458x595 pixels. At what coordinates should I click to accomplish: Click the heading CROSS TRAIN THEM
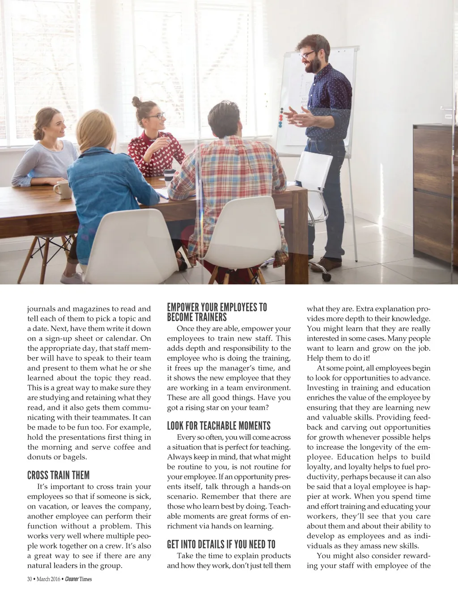pyautogui.click(x=58, y=475)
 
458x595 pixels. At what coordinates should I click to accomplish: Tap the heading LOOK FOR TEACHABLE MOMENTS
pyautogui.click(x=219, y=425)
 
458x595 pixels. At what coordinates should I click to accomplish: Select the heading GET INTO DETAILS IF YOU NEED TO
pyautogui.click(x=221, y=544)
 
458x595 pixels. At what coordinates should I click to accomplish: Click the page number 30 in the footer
pyautogui.click(x=30, y=579)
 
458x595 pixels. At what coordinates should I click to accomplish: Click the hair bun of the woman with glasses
pyautogui.click(x=136, y=102)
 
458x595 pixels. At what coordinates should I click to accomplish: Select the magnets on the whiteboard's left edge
pyautogui.click(x=281, y=117)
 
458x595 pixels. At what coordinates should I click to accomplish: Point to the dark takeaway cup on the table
pyautogui.click(x=169, y=176)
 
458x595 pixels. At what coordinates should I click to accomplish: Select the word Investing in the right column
pyautogui.click(x=323, y=388)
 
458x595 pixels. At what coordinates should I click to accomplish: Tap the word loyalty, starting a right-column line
pyautogui.click(x=320, y=467)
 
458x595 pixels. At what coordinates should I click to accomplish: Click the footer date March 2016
pyautogui.click(x=49, y=579)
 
